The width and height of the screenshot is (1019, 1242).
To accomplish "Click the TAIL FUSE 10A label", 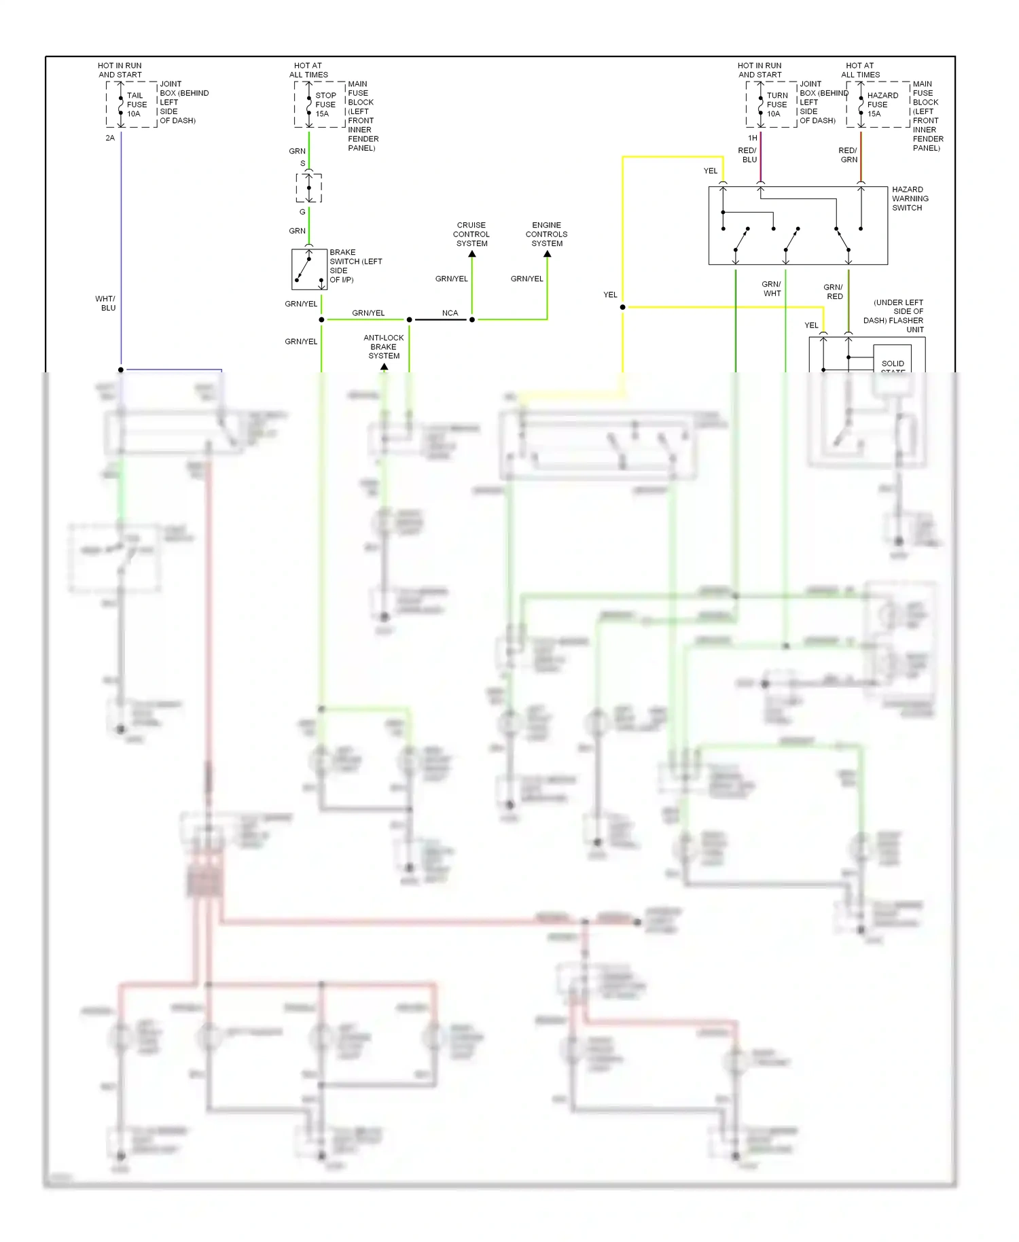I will pos(136,105).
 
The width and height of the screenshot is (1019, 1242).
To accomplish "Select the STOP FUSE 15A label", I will pos(325,105).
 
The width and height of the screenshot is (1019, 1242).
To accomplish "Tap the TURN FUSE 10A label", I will pos(776,105).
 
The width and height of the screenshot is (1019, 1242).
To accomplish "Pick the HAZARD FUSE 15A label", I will pos(882,105).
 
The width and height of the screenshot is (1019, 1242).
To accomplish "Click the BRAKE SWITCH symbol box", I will pos(309,269).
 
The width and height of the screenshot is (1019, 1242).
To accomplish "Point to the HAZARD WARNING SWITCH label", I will pos(910,198).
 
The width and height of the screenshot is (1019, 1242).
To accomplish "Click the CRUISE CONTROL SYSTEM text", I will pos(471,234).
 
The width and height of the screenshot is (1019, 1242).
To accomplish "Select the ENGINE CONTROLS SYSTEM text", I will pos(546,234).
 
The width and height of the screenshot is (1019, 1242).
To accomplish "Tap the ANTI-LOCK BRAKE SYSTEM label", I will pos(384,347).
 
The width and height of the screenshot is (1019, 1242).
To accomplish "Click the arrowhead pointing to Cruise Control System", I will pos(472,254).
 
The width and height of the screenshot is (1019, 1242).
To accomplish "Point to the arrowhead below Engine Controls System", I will pos(548,254).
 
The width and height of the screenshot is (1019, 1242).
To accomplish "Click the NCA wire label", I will pos(450,313).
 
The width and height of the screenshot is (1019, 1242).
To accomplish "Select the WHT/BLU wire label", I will pos(106,303).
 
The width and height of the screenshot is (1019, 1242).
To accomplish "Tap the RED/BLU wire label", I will pos(748,155).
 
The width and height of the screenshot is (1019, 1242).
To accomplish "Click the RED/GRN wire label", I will pos(848,155).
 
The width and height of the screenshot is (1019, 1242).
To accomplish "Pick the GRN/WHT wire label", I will pos(772,289).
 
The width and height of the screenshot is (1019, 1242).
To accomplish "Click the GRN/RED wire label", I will pos(834,291).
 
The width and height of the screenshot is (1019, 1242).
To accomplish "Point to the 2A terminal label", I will pos(110,138).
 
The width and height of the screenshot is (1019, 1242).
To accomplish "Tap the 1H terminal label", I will pos(753,138).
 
